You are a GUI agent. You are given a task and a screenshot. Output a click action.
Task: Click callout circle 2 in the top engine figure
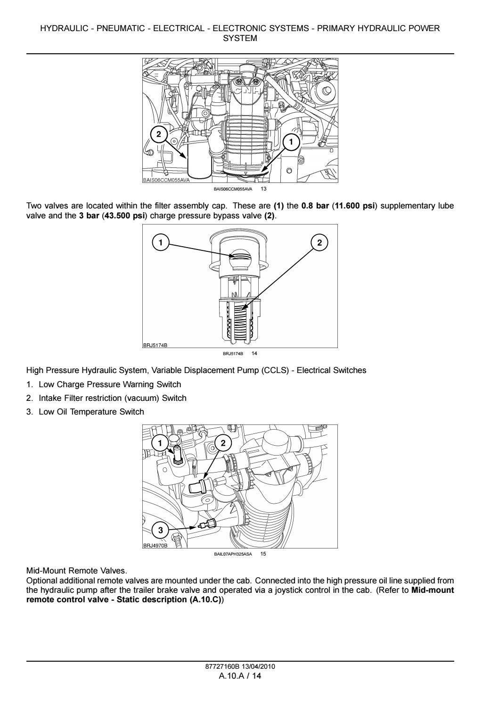coord(158,134)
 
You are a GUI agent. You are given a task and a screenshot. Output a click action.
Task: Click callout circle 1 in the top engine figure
coord(291,141)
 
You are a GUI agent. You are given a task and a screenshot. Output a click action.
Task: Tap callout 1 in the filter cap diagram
coord(161,242)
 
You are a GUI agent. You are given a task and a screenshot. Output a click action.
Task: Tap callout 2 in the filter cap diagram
coord(319,242)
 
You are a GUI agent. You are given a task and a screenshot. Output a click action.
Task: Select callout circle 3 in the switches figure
coord(161,530)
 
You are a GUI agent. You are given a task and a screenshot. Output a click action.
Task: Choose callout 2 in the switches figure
coord(223,443)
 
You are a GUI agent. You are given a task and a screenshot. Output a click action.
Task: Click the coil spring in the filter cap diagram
coord(240,321)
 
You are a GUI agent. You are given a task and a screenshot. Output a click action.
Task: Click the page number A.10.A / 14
coord(240,676)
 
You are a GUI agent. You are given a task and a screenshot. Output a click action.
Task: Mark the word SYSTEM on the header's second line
coord(240,38)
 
